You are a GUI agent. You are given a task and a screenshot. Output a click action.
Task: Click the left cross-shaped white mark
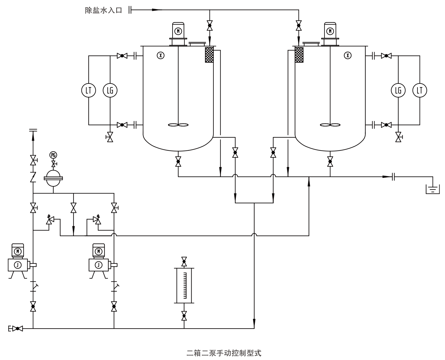(x=160, y=55)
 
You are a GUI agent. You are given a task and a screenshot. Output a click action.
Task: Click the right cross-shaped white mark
(x=348, y=55)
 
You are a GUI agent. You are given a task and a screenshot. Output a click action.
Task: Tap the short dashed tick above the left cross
(x=178, y=31)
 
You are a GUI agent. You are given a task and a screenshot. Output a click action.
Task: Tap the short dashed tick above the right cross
(x=330, y=31)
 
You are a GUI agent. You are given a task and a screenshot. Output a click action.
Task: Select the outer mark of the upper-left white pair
(x=90, y=90)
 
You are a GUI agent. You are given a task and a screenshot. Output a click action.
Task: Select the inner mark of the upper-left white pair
(x=111, y=90)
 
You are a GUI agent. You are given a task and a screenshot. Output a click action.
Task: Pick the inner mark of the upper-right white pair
(x=399, y=90)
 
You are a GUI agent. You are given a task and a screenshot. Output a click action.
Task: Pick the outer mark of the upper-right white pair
(x=420, y=90)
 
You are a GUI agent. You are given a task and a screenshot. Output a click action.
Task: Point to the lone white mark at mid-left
(x=53, y=155)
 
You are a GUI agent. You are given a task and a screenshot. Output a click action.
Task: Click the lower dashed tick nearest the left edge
(x=18, y=251)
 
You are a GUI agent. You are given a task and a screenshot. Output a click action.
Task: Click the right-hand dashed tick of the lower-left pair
(x=98, y=251)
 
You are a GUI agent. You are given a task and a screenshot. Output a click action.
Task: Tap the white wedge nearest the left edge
(x=17, y=264)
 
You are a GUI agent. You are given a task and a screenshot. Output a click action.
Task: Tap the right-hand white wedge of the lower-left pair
(x=97, y=264)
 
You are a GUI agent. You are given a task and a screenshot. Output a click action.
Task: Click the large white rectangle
(x=360, y=317)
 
